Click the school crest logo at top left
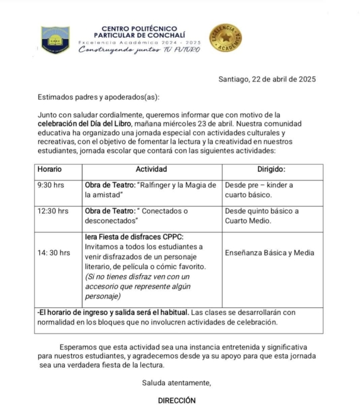coord(55,40)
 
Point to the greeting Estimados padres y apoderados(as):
coord(99,97)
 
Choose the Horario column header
coord(49,169)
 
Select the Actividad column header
coord(153,169)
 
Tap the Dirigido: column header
coord(271,169)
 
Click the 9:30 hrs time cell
coord(50,185)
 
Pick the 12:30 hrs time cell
coord(53,211)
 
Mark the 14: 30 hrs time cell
coord(53,253)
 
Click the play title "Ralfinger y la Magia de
coord(177,185)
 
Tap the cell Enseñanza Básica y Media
coord(270,253)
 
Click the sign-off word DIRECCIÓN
coord(176,401)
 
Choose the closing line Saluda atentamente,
coord(176,382)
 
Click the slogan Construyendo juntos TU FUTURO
coord(140,50)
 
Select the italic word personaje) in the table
coord(103,296)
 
